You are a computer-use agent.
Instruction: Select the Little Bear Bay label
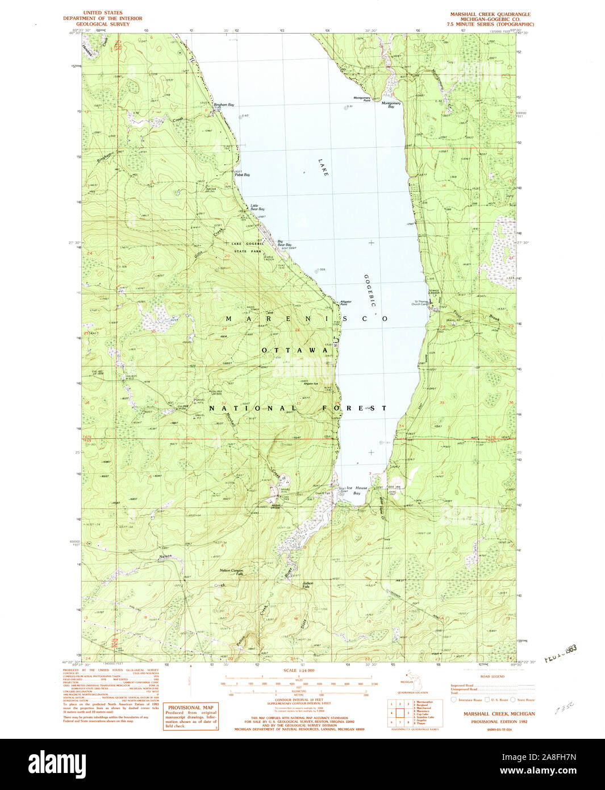pyautogui.click(x=257, y=207)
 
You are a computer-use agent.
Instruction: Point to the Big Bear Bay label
pyautogui.click(x=284, y=243)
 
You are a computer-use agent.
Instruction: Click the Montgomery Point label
pyautogui.click(x=362, y=99)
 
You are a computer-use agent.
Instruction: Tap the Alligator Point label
pyautogui.click(x=345, y=303)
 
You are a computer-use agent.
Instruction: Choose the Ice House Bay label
pyautogui.click(x=357, y=490)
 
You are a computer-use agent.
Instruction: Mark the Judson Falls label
pyautogui.click(x=308, y=584)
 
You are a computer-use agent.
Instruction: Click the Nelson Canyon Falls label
pyautogui.click(x=231, y=572)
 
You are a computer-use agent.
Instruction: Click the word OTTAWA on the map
pyautogui.click(x=295, y=350)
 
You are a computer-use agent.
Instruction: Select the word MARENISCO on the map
pyautogui.click(x=307, y=319)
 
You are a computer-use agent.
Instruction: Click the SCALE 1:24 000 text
pyautogui.click(x=299, y=671)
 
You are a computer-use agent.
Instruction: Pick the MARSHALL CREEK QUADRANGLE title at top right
pyautogui.click(x=490, y=14)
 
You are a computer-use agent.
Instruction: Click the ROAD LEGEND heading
pyautogui.click(x=492, y=676)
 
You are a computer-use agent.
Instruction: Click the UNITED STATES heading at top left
pyautogui.click(x=102, y=13)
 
